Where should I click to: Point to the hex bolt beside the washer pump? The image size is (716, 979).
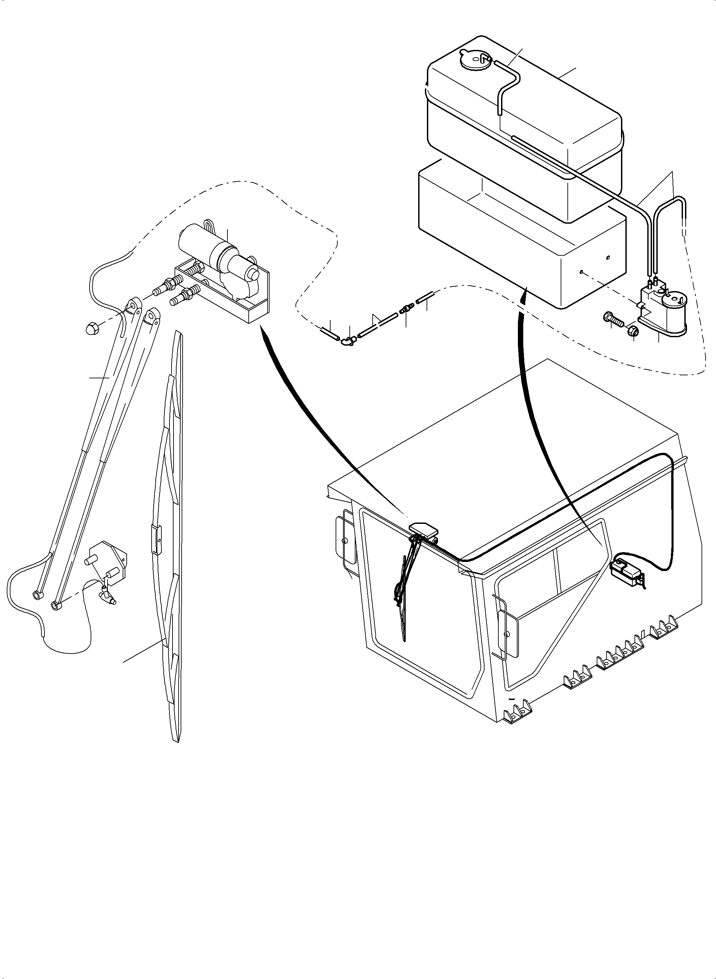(x=613, y=321)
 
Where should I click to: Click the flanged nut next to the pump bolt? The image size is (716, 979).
(x=631, y=331)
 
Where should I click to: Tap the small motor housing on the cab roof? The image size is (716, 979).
(x=423, y=530)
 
